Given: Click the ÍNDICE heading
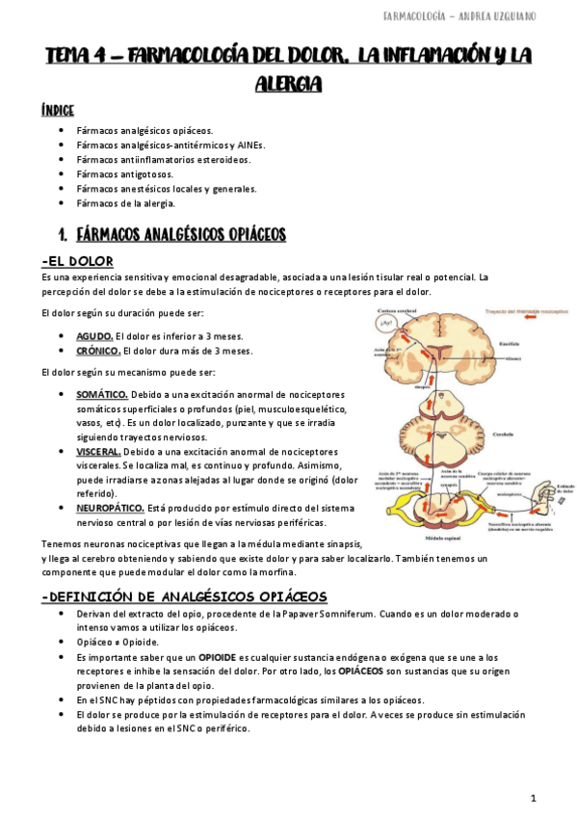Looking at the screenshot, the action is [58, 110].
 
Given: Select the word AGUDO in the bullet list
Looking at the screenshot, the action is [94, 335].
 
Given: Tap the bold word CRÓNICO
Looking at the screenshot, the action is [98, 351].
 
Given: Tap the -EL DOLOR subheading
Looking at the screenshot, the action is [78, 261].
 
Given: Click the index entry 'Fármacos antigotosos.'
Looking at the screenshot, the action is [124, 174].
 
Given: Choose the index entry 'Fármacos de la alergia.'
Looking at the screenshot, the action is [125, 203].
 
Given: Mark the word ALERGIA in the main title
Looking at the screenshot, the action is [288, 85].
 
